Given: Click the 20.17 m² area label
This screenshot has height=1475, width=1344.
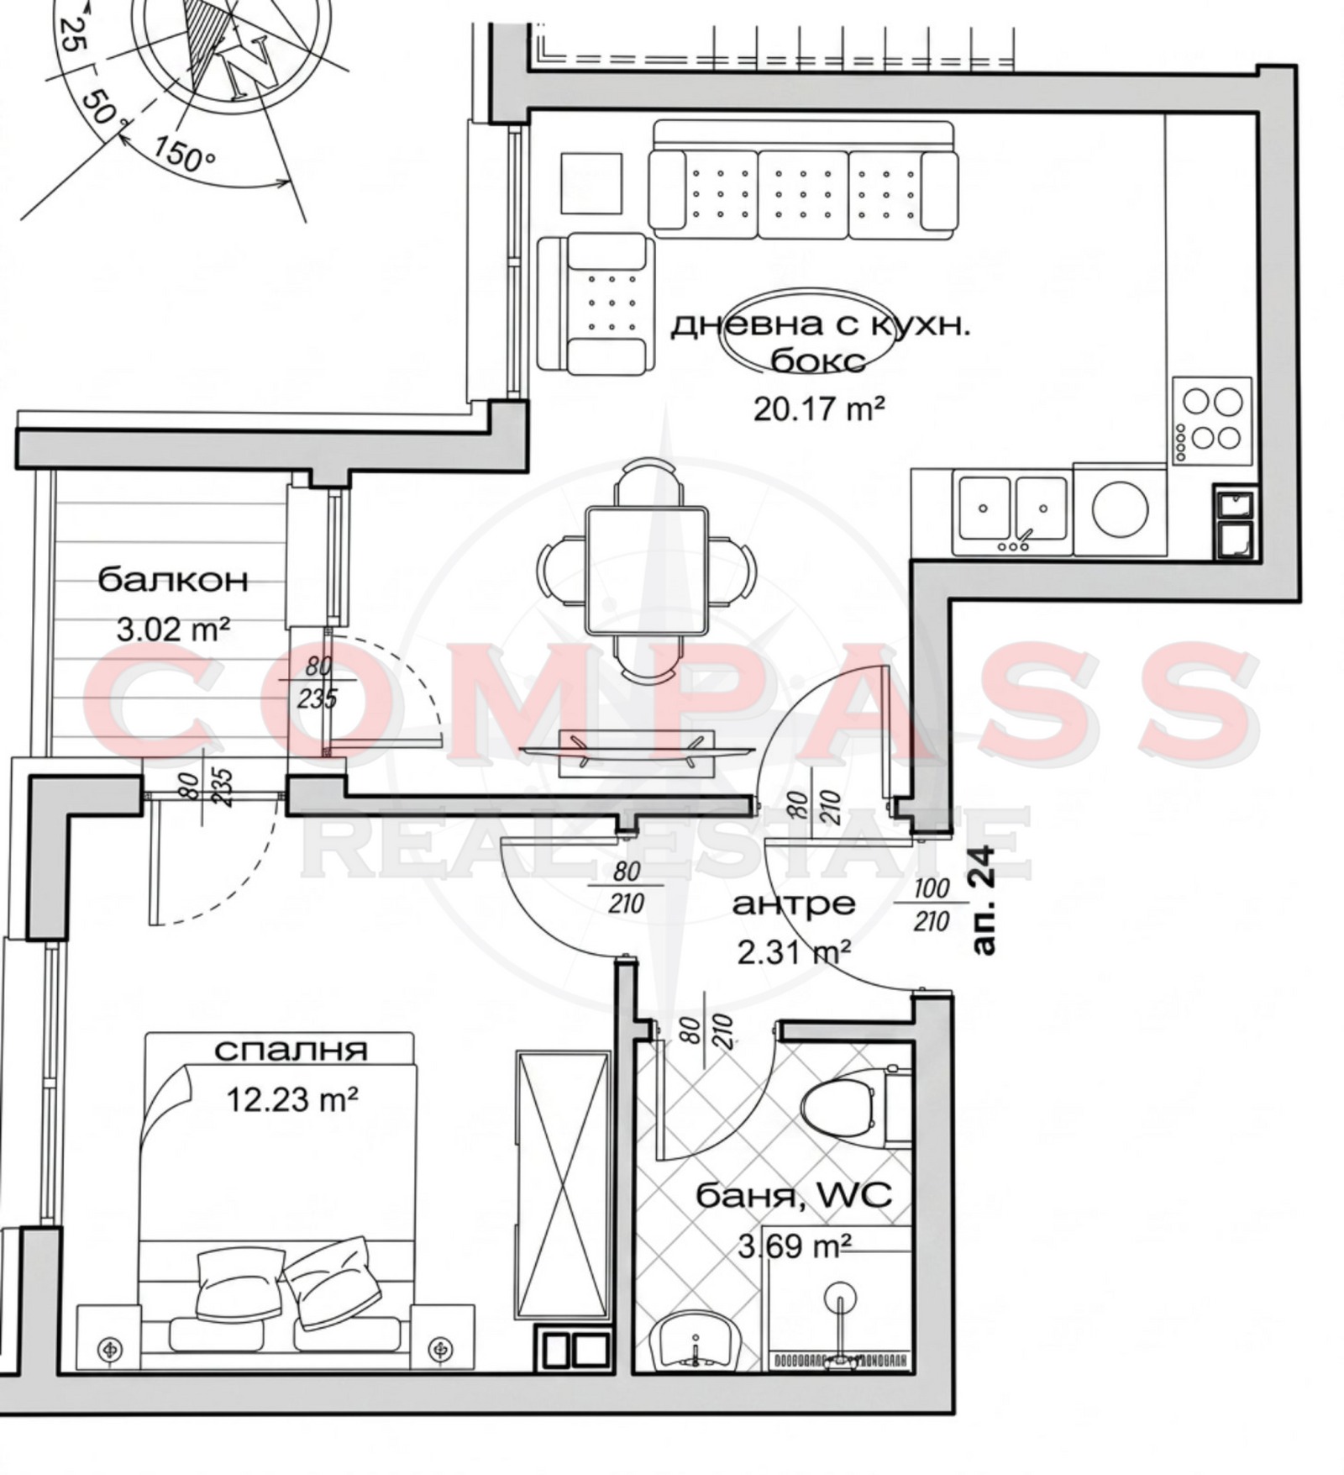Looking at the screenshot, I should pos(818,409).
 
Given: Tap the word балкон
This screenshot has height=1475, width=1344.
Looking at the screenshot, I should pos(173,580).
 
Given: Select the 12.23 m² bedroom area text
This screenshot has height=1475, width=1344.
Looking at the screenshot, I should pos(292,1098).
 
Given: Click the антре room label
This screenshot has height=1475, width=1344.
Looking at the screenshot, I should pos(794,905).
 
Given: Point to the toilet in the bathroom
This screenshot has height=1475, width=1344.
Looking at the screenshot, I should pos(837,1107).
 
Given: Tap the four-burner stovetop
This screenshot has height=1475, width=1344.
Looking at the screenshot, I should pos(1211,419).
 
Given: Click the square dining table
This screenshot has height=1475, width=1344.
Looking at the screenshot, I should pos(646,570).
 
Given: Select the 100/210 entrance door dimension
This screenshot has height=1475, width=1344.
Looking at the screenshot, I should pos(931,905).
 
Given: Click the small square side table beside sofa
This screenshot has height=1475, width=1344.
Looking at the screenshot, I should pos(591,183).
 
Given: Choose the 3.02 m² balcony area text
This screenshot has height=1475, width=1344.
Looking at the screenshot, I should pos(172,629).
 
